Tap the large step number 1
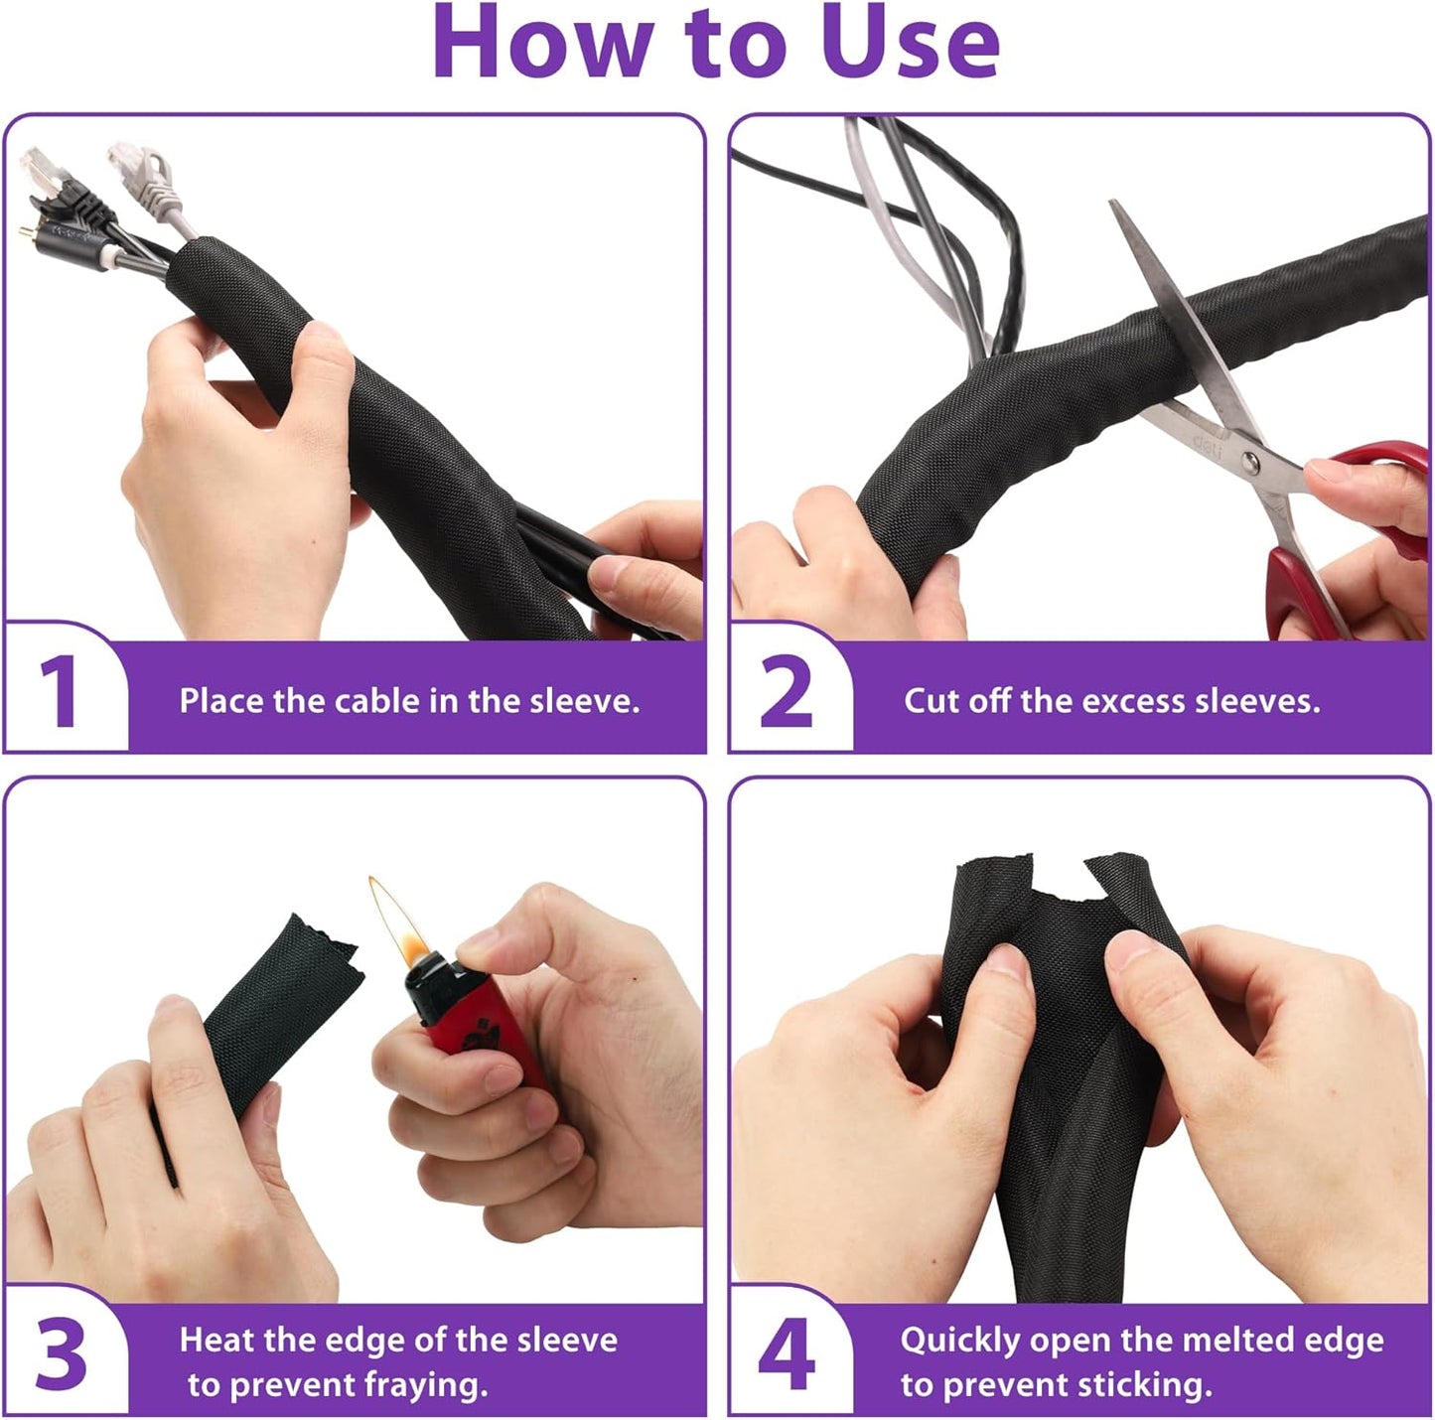[60, 692]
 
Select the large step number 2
[786, 692]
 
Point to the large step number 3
[61, 1354]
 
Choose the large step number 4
[787, 1354]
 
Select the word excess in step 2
[1132, 701]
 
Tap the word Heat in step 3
[215, 1340]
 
